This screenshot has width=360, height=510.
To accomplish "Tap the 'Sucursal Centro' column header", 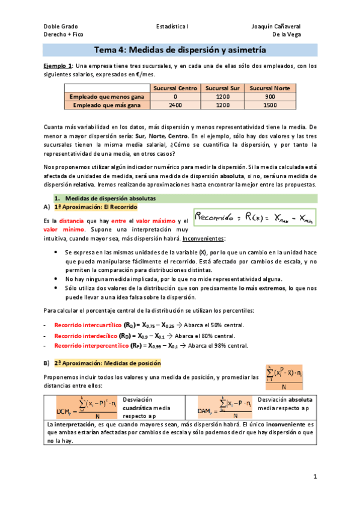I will [175, 88].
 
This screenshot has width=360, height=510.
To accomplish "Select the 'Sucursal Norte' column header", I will [270, 88].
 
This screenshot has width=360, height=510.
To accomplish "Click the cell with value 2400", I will [175, 105].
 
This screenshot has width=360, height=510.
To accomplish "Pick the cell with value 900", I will [270, 96].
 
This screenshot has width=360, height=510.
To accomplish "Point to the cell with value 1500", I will [270, 105].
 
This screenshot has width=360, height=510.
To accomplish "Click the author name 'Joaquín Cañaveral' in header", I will [276, 26].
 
